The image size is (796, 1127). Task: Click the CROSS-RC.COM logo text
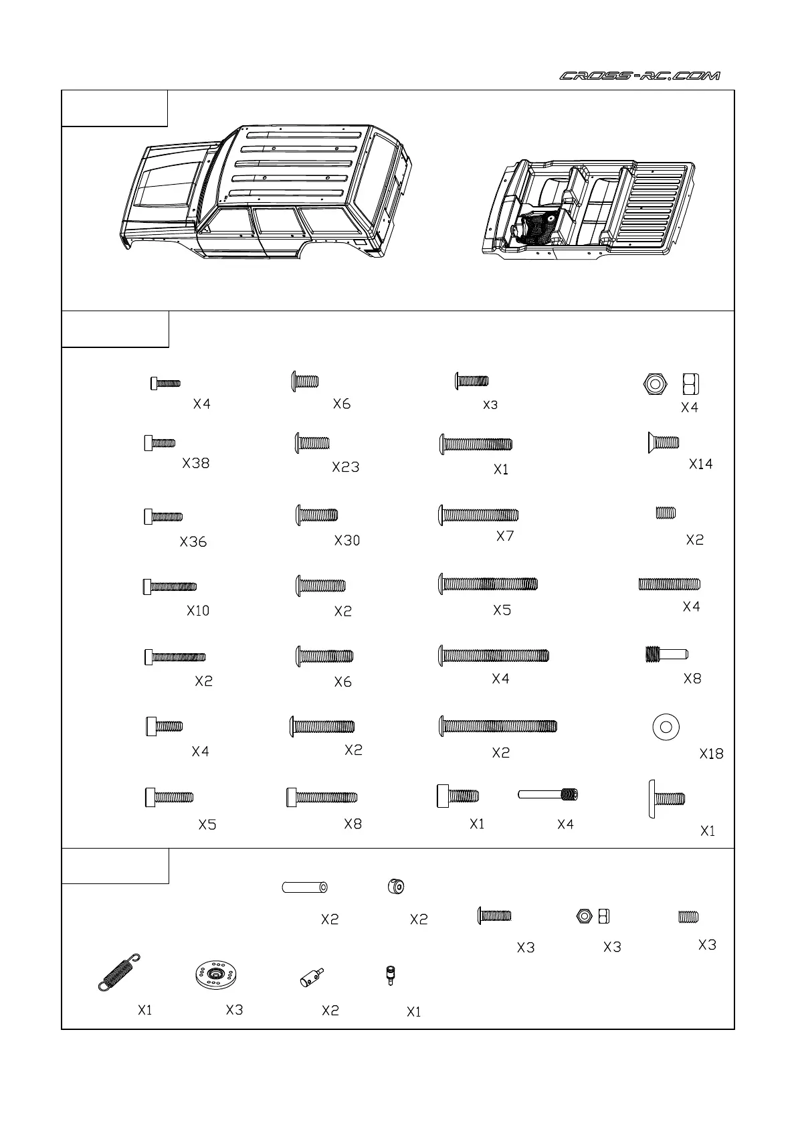(x=639, y=76)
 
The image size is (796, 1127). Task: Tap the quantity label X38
(x=196, y=463)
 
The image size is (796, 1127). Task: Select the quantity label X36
(x=193, y=542)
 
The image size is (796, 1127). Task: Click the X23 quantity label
(x=346, y=467)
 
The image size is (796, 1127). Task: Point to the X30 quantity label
(x=347, y=540)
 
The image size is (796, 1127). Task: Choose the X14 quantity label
(x=701, y=464)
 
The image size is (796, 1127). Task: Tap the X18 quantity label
(x=712, y=754)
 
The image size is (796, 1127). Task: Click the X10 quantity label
(x=198, y=610)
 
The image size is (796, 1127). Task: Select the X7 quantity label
(x=505, y=536)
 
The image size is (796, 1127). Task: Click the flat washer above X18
(x=666, y=727)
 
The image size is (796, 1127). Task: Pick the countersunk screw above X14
(x=663, y=442)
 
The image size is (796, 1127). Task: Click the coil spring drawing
(x=120, y=972)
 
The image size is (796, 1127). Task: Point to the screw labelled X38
(x=160, y=443)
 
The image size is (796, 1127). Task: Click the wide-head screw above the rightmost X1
(x=667, y=798)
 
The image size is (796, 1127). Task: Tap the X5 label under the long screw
(x=502, y=610)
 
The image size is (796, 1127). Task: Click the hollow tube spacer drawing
(x=304, y=887)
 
